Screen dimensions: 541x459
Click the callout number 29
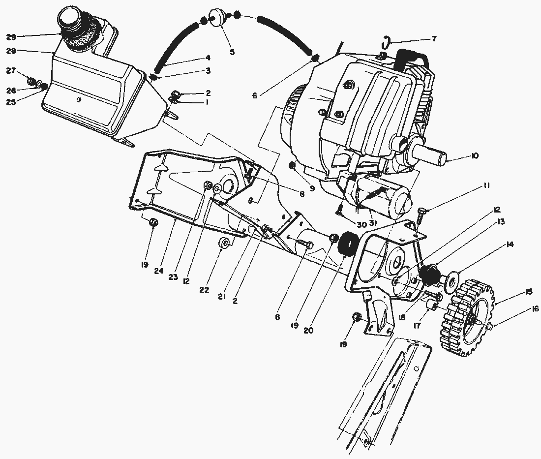(11, 36)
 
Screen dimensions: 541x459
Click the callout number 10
(475, 156)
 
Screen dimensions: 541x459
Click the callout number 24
(158, 271)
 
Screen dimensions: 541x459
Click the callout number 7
(434, 39)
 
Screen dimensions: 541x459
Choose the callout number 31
(373, 223)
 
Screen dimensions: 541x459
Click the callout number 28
(11, 51)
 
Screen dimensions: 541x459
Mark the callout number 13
(500, 221)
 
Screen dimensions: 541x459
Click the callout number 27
(11, 71)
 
